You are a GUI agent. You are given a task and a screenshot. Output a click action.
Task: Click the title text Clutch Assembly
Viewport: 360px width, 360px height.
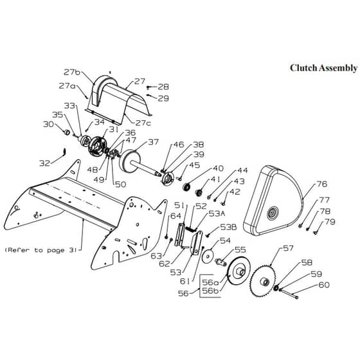(323, 68)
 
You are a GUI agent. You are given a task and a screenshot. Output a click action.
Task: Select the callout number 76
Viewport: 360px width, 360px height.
(321, 184)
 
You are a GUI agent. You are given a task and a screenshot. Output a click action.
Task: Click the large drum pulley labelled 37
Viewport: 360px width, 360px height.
(130, 161)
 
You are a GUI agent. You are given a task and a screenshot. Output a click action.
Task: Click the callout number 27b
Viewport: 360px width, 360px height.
(72, 72)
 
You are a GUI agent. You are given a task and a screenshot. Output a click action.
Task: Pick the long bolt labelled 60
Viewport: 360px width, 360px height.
(289, 293)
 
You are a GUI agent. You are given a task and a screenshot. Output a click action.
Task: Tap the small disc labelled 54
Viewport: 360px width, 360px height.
(208, 256)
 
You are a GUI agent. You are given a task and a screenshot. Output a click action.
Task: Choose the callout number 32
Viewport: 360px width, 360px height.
(44, 163)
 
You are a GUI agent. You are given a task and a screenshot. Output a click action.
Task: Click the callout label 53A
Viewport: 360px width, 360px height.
(217, 213)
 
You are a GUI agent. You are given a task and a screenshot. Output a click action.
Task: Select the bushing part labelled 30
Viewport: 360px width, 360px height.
(67, 132)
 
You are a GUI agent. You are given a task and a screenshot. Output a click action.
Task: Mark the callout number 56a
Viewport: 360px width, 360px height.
(211, 282)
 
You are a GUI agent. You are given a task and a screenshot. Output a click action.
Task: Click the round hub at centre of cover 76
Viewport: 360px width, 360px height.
(273, 213)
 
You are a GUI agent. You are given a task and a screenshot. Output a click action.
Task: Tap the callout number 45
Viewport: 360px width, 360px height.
(194, 165)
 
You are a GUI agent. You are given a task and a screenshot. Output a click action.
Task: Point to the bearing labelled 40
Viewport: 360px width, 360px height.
(187, 187)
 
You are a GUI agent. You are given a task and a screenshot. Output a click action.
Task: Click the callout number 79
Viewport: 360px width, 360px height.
(330, 222)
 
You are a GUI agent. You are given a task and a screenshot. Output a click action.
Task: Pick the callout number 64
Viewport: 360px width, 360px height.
(175, 216)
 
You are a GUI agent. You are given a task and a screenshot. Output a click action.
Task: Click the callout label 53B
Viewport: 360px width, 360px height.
(228, 228)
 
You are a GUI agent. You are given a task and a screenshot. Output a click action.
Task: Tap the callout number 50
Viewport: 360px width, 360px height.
(121, 184)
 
